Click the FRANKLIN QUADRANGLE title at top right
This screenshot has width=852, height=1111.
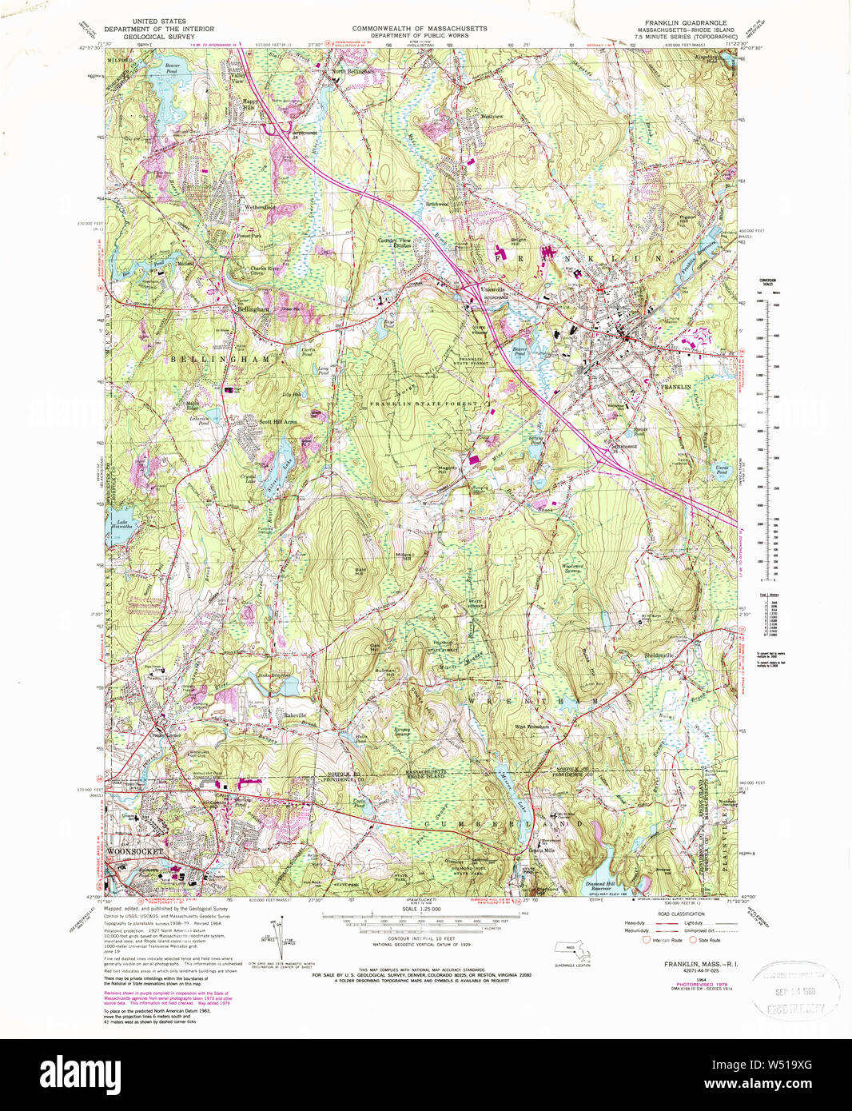point(686,22)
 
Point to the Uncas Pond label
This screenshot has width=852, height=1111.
point(722,469)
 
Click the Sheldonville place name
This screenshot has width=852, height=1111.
point(659,655)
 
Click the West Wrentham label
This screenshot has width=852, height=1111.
point(532,726)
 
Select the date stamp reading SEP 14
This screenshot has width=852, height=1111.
point(791,991)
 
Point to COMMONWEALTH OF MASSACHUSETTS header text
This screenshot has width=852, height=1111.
point(420,29)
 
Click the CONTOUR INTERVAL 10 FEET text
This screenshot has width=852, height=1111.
point(414,938)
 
